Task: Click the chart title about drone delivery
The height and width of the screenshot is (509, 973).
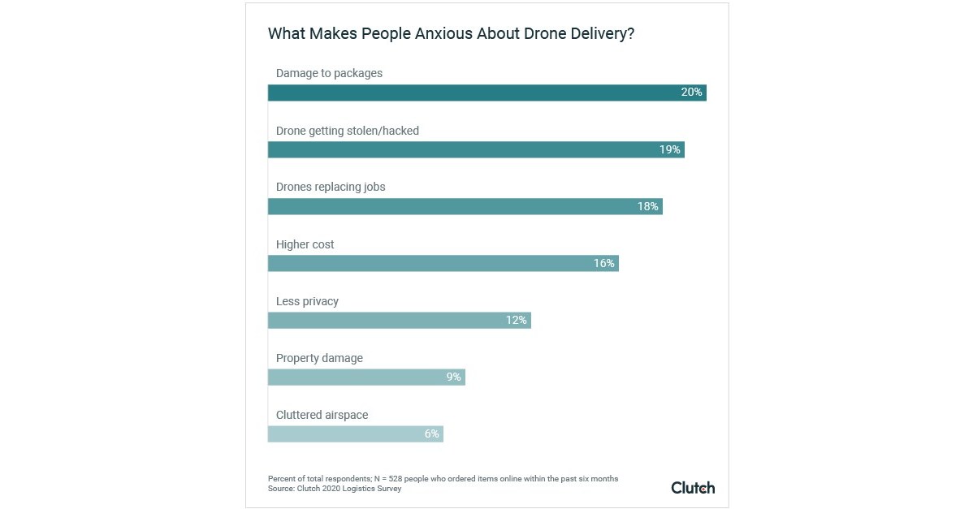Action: point(451,34)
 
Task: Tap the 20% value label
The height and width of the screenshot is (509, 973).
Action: point(691,93)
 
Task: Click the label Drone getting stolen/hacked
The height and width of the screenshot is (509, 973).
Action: point(348,131)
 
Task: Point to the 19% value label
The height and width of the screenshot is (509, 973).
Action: point(669,149)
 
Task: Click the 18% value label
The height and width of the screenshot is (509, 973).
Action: point(647,207)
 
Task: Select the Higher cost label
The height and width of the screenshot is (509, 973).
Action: point(305,244)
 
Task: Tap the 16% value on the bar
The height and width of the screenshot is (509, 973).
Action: point(603,264)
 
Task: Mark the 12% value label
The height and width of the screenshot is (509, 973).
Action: point(516,321)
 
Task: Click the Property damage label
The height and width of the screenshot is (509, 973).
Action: point(319,358)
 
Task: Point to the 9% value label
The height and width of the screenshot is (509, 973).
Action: point(453,377)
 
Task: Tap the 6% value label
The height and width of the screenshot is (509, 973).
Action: point(431,434)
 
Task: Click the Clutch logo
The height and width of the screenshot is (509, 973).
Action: point(693,488)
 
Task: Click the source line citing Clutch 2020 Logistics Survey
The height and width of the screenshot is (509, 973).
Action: point(335,489)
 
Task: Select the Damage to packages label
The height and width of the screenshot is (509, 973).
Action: point(329,73)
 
